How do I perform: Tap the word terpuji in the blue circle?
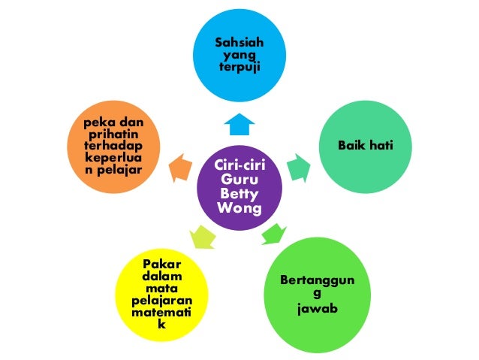coord(239,68)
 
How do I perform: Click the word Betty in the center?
coord(239,193)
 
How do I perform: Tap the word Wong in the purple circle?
coord(239,207)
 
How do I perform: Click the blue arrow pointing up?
coord(239,123)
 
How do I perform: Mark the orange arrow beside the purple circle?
coord(181,167)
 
